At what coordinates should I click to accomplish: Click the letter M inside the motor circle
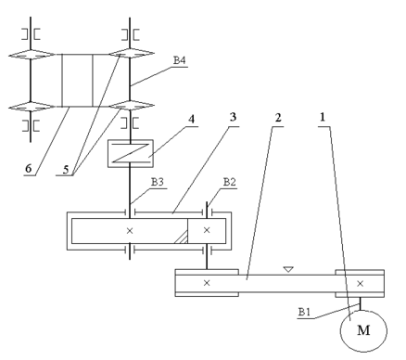click(363, 330)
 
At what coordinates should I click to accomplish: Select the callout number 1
click(323, 117)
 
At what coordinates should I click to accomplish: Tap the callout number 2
click(278, 118)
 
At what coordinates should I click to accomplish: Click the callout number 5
click(66, 169)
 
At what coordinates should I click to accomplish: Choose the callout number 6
click(28, 169)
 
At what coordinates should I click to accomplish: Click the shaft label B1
click(304, 312)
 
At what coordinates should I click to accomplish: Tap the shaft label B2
click(230, 182)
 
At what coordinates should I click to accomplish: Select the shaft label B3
click(157, 182)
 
